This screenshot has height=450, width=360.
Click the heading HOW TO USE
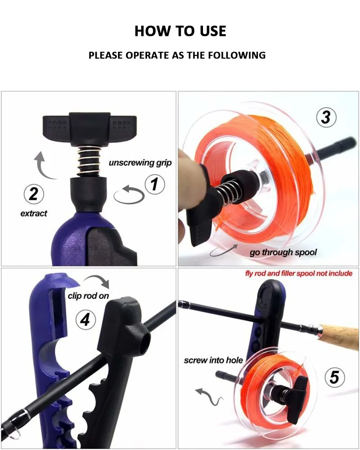[180, 31]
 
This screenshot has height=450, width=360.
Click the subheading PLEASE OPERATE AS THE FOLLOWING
[177, 55]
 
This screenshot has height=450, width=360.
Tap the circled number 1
[155, 184]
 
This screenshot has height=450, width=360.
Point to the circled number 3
[326, 117]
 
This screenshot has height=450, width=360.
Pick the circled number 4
[85, 319]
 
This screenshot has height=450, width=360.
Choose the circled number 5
[335, 377]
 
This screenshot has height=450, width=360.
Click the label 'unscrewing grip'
[140, 163]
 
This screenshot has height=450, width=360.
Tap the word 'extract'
[34, 213]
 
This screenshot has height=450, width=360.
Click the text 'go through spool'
[283, 252]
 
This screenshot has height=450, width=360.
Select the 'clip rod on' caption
[88, 296]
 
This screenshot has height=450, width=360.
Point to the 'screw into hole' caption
[213, 360]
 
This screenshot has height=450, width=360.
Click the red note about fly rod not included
[299, 273]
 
